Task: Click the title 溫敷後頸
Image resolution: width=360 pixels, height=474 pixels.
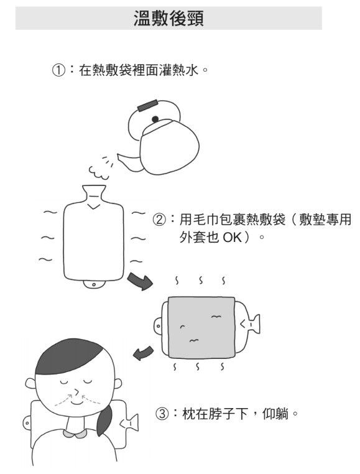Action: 168,19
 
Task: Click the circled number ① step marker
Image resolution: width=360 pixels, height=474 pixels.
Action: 58,71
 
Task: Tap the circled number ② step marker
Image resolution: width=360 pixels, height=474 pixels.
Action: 159,220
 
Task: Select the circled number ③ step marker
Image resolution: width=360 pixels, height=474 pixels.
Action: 162,414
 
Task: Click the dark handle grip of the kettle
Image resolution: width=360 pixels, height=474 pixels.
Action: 147,105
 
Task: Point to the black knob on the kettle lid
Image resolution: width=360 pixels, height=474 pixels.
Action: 155,119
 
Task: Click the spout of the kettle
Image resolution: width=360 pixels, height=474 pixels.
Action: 129,160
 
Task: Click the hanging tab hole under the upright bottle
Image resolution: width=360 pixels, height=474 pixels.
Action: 94,284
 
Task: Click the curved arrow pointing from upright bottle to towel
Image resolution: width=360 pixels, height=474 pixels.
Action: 141,281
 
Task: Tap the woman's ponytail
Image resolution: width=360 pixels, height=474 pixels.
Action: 104,420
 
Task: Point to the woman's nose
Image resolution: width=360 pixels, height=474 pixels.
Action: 76,393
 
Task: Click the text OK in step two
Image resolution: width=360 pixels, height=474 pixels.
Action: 233,238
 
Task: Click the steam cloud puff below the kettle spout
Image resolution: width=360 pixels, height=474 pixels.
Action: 99,172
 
